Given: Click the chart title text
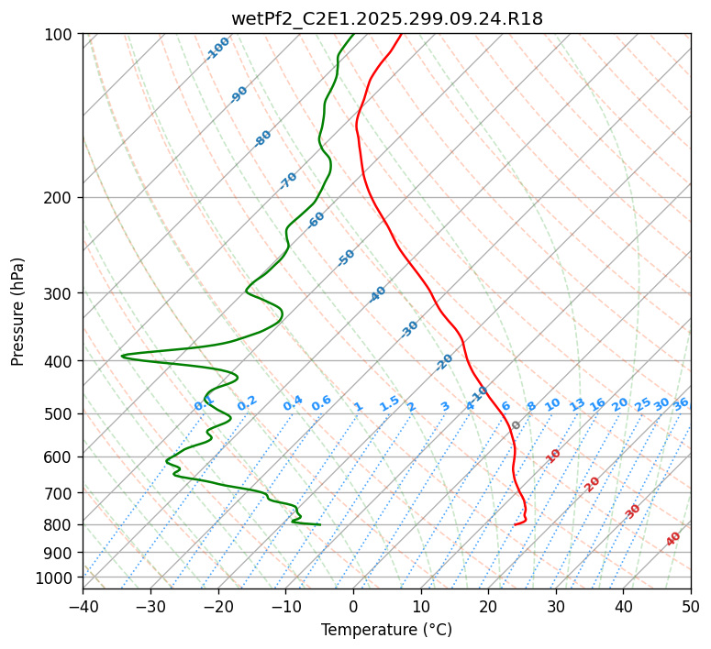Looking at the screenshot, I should (x=386, y=18).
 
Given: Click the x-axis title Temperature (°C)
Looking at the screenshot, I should (x=386, y=630).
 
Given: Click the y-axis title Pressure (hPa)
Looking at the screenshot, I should (x=18, y=312).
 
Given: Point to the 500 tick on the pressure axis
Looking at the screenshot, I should (x=60, y=413).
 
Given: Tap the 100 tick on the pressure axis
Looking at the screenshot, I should (x=60, y=34).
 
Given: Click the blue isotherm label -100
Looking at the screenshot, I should (x=217, y=49).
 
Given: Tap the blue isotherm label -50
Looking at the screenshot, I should (x=346, y=258).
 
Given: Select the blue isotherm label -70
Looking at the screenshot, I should (x=288, y=181).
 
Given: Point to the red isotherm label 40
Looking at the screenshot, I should (x=673, y=539).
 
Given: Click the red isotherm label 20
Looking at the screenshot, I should (x=593, y=483).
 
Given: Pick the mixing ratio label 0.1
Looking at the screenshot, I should (x=204, y=404).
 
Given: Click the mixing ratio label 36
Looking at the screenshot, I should (x=681, y=403).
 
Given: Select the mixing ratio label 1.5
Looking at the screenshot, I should (x=389, y=402).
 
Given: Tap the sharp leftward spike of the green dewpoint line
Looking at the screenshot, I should (x=122, y=356).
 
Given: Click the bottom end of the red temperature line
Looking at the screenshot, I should (x=515, y=524).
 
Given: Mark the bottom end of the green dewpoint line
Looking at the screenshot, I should (x=319, y=524).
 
